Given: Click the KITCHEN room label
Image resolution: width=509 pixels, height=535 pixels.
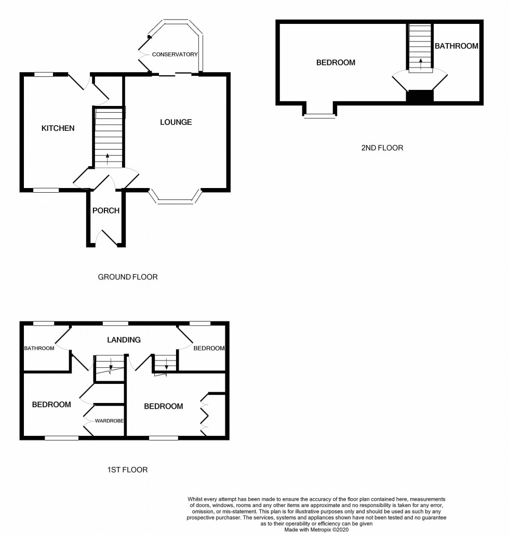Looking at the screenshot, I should click(x=58, y=128).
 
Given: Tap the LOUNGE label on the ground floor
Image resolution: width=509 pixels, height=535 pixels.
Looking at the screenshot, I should click(x=176, y=122).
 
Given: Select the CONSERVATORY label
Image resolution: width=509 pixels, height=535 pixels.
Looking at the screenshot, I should click(x=175, y=55).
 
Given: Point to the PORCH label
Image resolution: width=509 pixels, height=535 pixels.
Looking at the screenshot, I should click(x=106, y=211).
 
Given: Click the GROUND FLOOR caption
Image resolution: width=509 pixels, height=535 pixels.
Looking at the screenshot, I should click(x=128, y=277).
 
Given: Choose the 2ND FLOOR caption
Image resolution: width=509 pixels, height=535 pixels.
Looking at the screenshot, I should click(x=382, y=148).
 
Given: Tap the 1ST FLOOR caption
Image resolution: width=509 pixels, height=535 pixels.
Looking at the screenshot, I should click(x=127, y=470).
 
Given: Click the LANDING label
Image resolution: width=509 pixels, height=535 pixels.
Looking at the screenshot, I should click(x=124, y=340).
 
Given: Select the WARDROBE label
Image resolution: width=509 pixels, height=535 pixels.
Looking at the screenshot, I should click(x=109, y=421).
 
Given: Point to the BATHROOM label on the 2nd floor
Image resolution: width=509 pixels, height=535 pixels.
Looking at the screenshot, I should click(x=457, y=46).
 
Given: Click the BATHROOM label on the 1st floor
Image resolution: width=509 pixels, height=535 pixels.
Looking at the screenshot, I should click(x=39, y=348).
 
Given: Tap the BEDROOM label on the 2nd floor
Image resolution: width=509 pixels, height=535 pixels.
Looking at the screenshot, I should click(x=336, y=63).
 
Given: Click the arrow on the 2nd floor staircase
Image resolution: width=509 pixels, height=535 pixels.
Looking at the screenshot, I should click(x=420, y=63).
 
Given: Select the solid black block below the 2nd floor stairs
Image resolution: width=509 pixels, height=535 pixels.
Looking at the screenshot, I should click(x=420, y=96).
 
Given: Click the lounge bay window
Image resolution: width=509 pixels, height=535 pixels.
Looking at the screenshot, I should click(x=175, y=198).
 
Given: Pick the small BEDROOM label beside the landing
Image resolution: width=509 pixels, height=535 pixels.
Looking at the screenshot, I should click(x=209, y=348).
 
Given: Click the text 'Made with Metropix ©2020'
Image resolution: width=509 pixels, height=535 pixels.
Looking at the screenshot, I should click(x=317, y=530).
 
